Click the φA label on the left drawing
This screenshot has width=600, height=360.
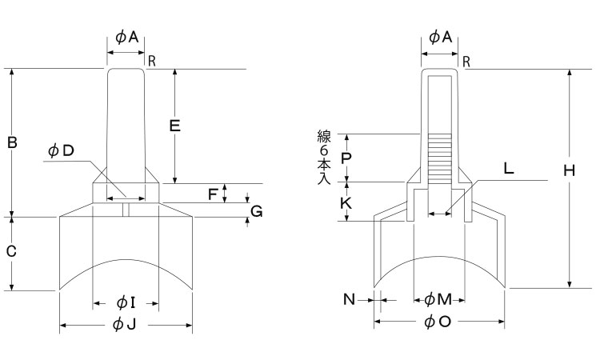click(127, 36)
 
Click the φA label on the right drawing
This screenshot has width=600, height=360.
click(441, 36)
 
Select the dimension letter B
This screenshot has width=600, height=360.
click(12, 143)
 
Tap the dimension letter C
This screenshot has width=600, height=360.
click(11, 251)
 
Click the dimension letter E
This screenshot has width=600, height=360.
click(174, 125)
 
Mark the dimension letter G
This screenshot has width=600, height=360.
click(256, 211)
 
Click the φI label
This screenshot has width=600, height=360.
click(126, 302)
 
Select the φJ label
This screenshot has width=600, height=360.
click(126, 324)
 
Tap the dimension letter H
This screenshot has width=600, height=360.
click(569, 171)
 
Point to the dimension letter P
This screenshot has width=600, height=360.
click(346, 158)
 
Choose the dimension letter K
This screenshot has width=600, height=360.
click(346, 203)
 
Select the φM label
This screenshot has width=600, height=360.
click(438, 299)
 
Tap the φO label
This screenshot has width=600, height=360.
click(438, 322)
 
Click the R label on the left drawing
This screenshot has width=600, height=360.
click(151, 61)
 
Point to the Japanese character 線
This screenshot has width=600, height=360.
click(323, 137)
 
